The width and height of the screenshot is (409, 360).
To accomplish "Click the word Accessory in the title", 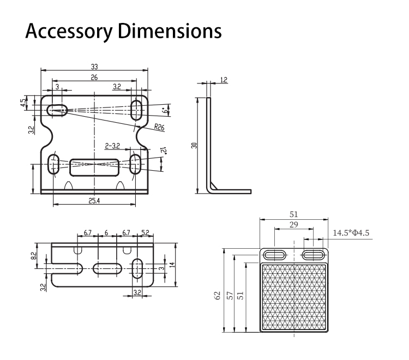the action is (69, 31).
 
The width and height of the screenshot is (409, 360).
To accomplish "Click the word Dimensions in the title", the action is (170, 31).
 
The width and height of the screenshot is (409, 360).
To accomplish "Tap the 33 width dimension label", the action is (94, 67).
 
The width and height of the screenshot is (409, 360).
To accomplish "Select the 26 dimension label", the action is (94, 77).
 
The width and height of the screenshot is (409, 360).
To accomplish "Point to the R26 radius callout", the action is (159, 127).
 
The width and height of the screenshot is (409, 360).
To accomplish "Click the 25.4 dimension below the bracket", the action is (94, 201).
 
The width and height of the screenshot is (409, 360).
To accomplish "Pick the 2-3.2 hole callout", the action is (112, 146).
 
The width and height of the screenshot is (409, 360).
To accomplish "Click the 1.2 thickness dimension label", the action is (224, 80).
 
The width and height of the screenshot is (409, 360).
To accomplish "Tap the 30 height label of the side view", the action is (194, 145).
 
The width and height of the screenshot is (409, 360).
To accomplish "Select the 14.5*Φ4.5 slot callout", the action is (351, 233).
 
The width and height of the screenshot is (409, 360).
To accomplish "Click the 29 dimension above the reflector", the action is (294, 224).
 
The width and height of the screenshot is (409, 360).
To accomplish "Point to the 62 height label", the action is (218, 295).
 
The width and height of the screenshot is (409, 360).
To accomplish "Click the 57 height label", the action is (230, 295).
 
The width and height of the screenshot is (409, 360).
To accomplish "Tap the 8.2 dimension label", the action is (34, 256).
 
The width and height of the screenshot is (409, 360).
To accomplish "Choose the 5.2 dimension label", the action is (145, 232).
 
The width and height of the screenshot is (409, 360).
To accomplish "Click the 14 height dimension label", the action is (172, 265).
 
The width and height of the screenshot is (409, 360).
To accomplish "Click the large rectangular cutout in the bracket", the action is (94, 167).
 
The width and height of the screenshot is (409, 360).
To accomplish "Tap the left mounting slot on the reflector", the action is (275, 255).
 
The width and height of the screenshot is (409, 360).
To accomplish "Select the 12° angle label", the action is (164, 151).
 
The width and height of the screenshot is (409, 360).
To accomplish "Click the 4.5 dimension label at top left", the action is (24, 102).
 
